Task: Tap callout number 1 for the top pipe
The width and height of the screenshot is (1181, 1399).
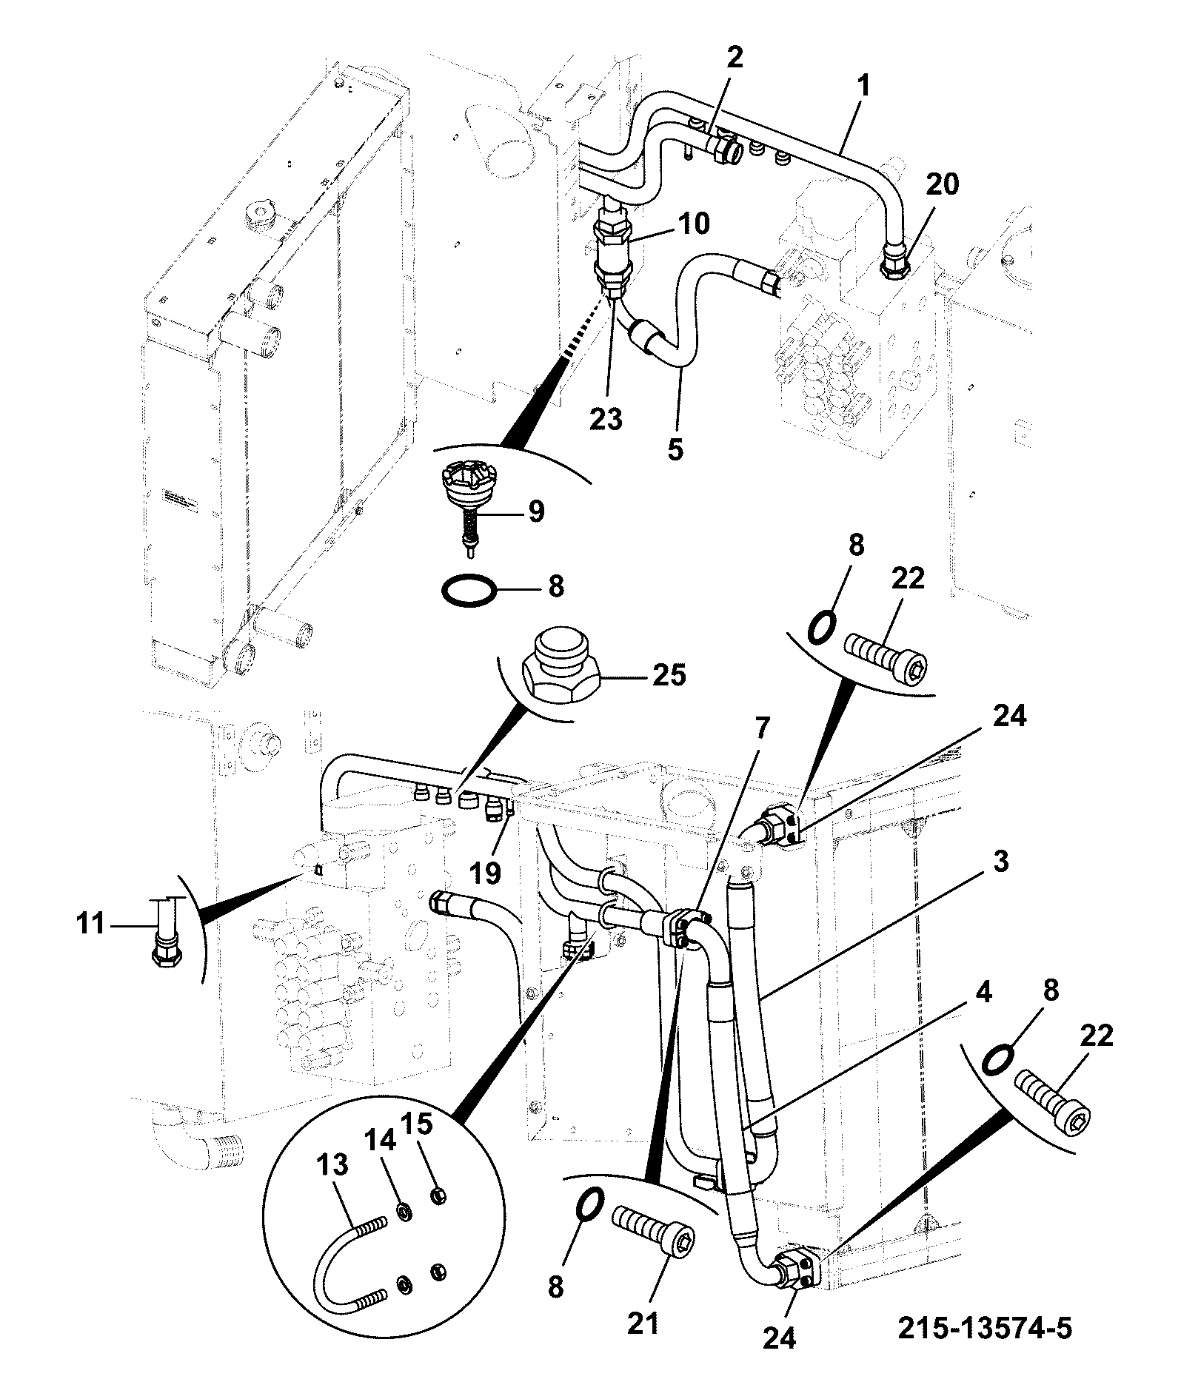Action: pyautogui.click(x=862, y=87)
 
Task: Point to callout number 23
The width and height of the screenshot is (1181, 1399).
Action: pyautogui.click(x=607, y=418)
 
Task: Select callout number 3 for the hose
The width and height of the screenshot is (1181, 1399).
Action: pyautogui.click(x=1000, y=862)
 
